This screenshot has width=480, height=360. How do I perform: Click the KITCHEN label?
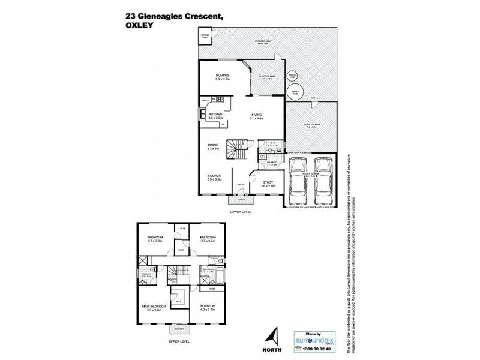(215, 113)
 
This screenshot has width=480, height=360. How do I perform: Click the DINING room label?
(214, 146)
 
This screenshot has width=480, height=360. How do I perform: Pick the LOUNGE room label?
(214, 176)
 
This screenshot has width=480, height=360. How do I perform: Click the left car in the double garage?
(298, 181)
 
